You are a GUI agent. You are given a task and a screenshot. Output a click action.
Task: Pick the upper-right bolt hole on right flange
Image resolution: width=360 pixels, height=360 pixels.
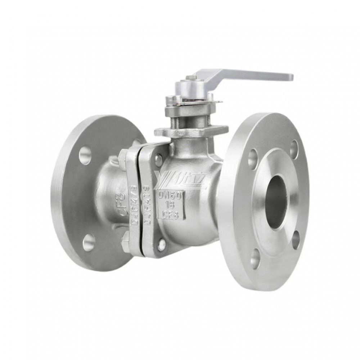[294, 146]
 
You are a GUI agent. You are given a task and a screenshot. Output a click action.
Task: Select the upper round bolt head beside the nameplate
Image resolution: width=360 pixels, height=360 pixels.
[158, 157]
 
